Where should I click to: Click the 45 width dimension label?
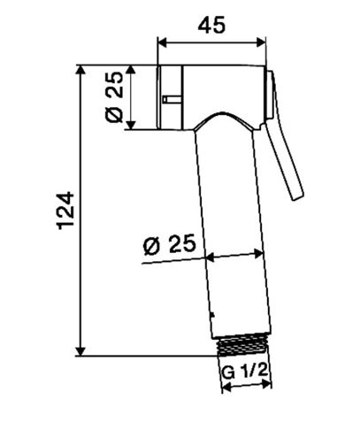(x=211, y=25)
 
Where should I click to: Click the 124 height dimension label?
(x=65, y=211)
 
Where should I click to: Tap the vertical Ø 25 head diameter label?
(x=114, y=97)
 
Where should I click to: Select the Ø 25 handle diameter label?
(x=170, y=244)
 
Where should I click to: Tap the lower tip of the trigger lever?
(x=298, y=197)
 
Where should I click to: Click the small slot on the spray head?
(x=172, y=99)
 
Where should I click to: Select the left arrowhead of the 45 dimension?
(x=163, y=42)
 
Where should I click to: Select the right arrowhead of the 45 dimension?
(x=261, y=42)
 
